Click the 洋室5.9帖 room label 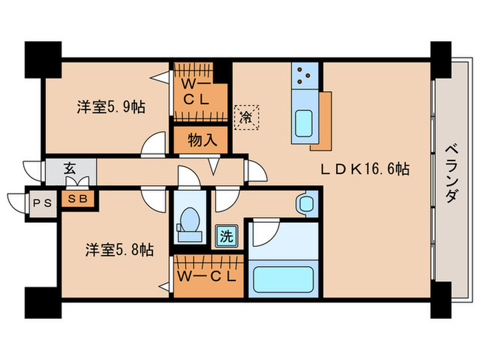point(110,107)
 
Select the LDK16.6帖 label point(366,169)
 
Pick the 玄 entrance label point(70,168)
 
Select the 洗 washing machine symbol point(226,237)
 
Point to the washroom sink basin point(305,204)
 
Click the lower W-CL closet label point(206,277)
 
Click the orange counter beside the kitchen point(324,119)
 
